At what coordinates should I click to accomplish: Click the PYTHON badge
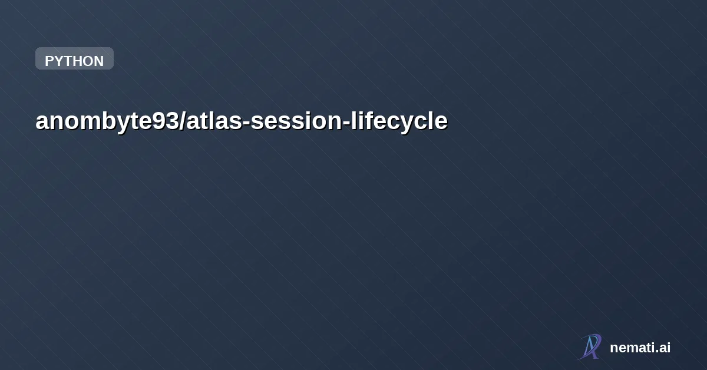tap(74, 59)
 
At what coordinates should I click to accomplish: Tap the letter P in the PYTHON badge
tap(49, 61)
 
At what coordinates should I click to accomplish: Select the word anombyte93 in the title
tap(108, 121)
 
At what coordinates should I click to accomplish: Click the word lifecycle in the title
tap(396, 121)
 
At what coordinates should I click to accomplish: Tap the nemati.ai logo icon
tap(590, 346)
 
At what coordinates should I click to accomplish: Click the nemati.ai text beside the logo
tap(640, 348)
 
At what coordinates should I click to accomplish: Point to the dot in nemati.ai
tap(657, 352)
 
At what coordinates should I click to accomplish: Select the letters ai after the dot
tap(665, 348)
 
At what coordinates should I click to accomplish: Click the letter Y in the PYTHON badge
tap(59, 61)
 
